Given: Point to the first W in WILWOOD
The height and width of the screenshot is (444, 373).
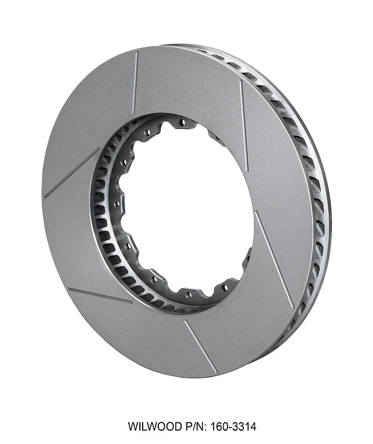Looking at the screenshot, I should pos(133,427).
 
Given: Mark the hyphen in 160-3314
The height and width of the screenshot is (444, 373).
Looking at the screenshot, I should pos(224,427).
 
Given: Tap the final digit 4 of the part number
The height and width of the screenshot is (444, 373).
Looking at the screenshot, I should pos(253,427).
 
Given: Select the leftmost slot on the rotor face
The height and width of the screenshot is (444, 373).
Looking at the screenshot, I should pos(71,173).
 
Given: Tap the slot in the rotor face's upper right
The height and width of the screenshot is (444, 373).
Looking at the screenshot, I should pos(244,125).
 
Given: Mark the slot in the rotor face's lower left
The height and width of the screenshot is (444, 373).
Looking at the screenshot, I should pos(100,295).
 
